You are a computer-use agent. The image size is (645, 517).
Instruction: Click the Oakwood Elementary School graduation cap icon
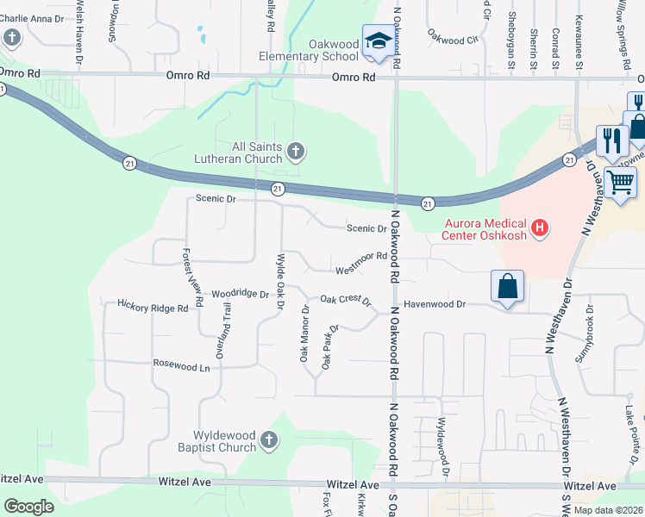[377, 40]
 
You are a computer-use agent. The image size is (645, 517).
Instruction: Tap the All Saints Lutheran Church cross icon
[296, 153]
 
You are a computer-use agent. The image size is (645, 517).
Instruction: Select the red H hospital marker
[540, 228]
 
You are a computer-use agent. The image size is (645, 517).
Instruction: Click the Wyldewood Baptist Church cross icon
[269, 441]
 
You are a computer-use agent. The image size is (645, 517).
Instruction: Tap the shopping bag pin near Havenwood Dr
[508, 287]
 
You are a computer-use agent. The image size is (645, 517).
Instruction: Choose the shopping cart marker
[620, 183]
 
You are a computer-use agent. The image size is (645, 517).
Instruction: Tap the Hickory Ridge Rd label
[153, 306]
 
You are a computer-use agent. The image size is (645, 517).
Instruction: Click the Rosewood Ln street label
[181, 366]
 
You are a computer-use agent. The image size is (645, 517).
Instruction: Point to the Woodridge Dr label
[241, 294]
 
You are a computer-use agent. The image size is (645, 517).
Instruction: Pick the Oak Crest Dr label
[345, 301]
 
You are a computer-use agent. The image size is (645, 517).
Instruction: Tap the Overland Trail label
[225, 330]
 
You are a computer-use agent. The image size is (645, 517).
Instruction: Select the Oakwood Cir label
[453, 39]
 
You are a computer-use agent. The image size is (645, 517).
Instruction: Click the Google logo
[28, 507]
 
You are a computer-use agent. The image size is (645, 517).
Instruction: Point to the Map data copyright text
[609, 510]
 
